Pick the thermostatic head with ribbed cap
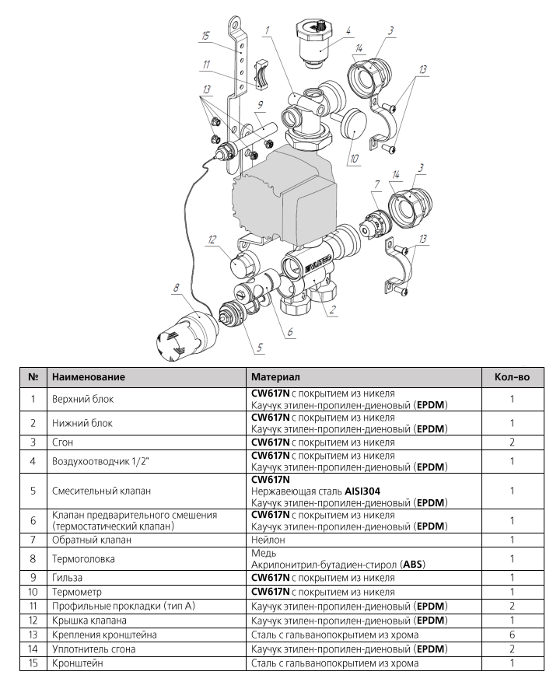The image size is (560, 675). [x=186, y=329]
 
